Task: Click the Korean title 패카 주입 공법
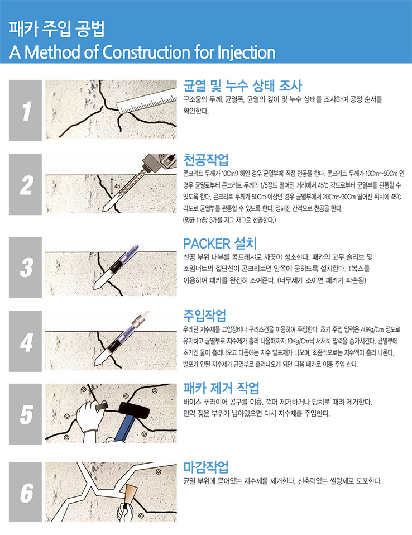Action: tap(56, 28)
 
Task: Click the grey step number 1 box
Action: tap(25, 110)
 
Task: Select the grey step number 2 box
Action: tap(25, 184)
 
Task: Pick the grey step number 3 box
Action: tap(25, 267)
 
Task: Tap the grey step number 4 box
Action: tap(25, 341)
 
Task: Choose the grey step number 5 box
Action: tap(25, 414)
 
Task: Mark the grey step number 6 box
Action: tap(25, 492)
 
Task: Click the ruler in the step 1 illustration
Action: tap(147, 103)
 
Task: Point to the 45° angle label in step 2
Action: tap(118, 186)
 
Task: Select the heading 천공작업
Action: tap(205, 160)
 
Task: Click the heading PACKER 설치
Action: tap(220, 243)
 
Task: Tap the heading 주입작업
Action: tap(205, 316)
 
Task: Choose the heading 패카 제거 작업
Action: tap(221, 388)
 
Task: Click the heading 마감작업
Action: tap(205, 467)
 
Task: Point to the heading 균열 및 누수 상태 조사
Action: tap(242, 85)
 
